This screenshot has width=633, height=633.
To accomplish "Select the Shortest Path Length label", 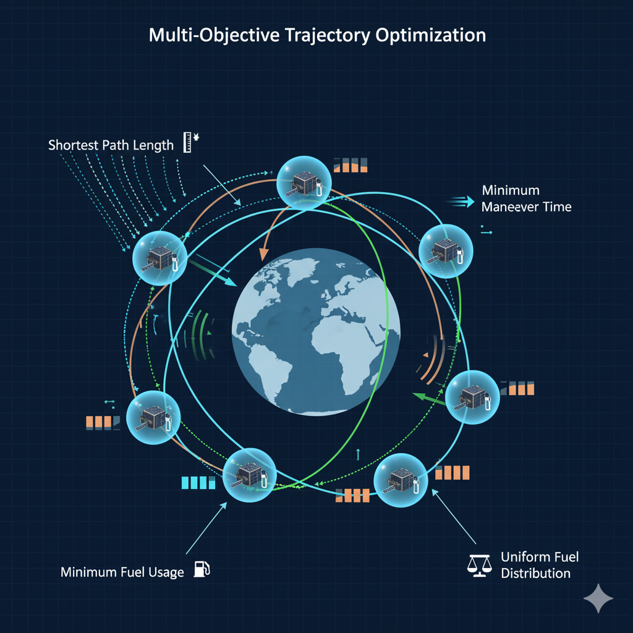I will pyautogui.click(x=111, y=146).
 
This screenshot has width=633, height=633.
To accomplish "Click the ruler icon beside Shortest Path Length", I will pyautogui.click(x=187, y=142).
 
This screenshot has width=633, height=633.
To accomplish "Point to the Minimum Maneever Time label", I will pyautogui.click(x=526, y=198).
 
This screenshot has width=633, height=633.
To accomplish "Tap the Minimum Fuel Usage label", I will pyautogui.click(x=122, y=572).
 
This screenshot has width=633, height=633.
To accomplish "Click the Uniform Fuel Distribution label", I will pyautogui.click(x=535, y=565).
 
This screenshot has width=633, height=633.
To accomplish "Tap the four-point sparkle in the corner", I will pyautogui.click(x=598, y=598).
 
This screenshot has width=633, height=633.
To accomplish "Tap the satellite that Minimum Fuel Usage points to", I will pyautogui.click(x=249, y=475).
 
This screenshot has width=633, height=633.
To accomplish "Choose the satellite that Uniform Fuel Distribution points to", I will pyautogui.click(x=401, y=480).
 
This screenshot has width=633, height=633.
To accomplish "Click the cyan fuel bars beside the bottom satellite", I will pyautogui.click(x=198, y=482).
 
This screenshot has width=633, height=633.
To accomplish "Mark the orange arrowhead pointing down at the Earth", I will pyautogui.click(x=264, y=254).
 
